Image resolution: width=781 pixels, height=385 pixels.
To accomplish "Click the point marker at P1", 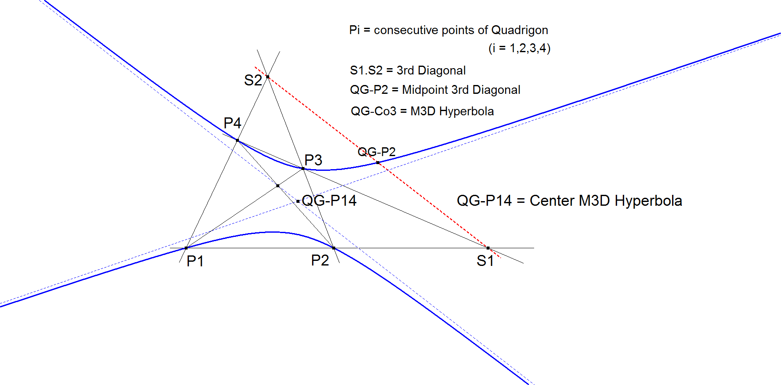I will click(x=186, y=248).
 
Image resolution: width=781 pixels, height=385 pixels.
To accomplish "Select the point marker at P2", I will click(x=334, y=248).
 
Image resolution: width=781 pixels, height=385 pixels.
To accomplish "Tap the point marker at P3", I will click(x=303, y=168).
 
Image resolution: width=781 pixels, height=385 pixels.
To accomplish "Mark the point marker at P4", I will click(x=238, y=140).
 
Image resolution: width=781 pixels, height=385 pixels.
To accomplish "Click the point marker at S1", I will click(x=488, y=248).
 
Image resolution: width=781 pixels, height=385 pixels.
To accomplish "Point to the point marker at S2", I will click(x=267, y=77).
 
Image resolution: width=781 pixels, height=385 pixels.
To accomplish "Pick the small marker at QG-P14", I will click(x=298, y=202).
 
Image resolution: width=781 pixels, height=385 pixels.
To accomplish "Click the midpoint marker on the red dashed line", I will click(x=378, y=162).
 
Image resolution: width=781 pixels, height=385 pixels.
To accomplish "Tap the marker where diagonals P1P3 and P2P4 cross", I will click(x=278, y=186).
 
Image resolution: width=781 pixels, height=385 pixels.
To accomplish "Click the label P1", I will click(x=195, y=261).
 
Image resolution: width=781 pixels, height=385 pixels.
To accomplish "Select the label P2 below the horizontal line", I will click(x=320, y=260).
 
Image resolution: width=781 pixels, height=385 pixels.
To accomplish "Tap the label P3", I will click(x=313, y=160).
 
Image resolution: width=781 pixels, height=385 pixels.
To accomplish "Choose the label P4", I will click(x=232, y=123).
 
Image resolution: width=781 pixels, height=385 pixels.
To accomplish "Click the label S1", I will click(x=485, y=261).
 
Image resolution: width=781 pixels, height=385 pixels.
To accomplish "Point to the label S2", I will click(x=253, y=80).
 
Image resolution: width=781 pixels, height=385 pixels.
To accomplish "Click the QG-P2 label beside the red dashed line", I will click(x=376, y=151).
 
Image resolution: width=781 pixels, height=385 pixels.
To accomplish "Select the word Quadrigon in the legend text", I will click(x=519, y=30).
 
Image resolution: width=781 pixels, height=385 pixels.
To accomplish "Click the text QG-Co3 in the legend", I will click(x=373, y=111).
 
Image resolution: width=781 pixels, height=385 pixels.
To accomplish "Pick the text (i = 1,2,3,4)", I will click(x=519, y=48).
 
